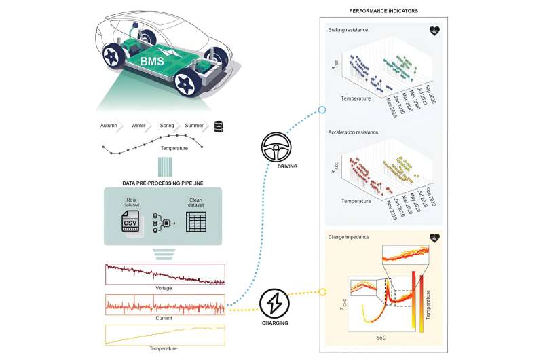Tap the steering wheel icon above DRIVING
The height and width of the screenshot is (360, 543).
click(274, 147)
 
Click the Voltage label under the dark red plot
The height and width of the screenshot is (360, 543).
click(164, 287)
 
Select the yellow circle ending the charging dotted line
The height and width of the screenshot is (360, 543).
click(323, 292)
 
